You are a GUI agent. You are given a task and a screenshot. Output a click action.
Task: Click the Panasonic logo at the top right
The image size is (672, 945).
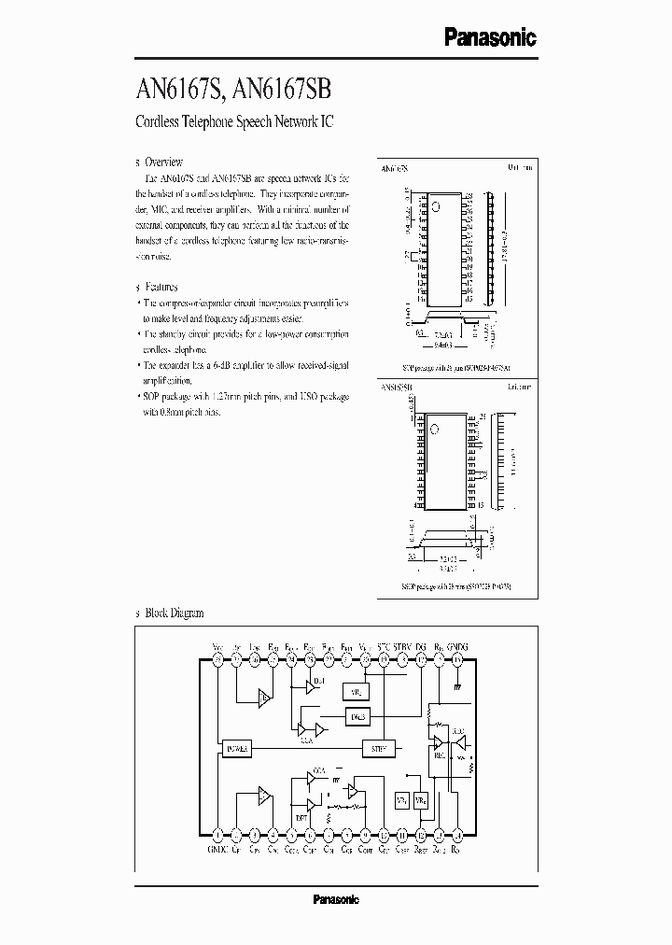[x=489, y=36]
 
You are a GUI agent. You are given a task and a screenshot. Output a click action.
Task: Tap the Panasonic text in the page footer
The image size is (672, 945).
[x=335, y=899]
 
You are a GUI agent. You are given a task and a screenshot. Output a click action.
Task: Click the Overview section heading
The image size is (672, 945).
[x=164, y=162]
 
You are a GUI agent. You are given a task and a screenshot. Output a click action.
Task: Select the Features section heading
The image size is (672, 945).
[x=162, y=288]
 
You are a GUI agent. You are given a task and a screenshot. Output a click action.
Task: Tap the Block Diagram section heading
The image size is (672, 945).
[x=173, y=613]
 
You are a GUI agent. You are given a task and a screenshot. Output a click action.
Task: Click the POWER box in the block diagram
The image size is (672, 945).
[x=237, y=747]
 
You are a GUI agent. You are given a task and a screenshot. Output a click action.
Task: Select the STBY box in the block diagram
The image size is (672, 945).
[x=379, y=747]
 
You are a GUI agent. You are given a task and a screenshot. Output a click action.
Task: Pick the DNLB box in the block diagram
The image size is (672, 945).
[x=359, y=716]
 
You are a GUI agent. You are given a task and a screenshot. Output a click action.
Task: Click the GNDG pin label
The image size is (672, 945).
[x=457, y=646]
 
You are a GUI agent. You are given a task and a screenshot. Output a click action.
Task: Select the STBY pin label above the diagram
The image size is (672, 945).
[x=402, y=646]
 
